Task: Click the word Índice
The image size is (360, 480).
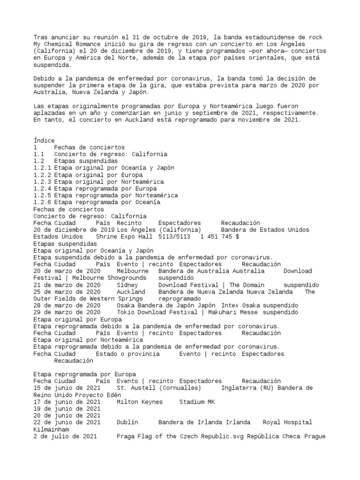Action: [44, 140]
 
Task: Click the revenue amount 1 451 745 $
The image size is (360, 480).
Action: [220, 237]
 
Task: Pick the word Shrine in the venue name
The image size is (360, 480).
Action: [107, 237]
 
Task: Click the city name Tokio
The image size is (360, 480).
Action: [125, 312]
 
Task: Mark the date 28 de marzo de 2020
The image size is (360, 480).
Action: [67, 305]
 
